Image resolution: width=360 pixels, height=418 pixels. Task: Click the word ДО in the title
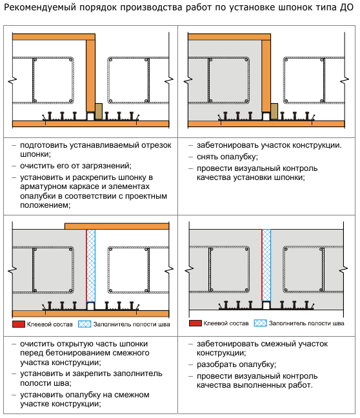click(346, 8)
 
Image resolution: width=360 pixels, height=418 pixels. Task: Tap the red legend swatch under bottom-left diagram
click(19, 324)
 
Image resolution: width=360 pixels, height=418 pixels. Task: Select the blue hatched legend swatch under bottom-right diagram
click(260, 323)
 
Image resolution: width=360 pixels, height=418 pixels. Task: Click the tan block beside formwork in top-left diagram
click(99, 111)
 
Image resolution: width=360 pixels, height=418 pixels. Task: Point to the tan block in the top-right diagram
click(274, 111)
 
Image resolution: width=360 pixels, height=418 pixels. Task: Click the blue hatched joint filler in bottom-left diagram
click(91, 266)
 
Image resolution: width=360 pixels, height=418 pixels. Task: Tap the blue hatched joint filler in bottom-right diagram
click(266, 265)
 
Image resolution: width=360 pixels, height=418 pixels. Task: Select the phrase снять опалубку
click(228, 157)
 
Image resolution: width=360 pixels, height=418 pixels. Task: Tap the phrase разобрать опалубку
click(236, 364)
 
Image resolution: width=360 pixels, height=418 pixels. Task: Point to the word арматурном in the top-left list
click(43, 186)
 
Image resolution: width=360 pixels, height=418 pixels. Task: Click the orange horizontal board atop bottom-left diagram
click(117, 226)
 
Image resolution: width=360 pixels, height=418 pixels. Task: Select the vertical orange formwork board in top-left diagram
click(91, 75)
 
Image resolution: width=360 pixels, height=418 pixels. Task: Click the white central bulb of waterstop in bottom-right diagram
click(266, 305)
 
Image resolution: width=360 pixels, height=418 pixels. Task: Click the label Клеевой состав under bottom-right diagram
click(226, 323)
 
